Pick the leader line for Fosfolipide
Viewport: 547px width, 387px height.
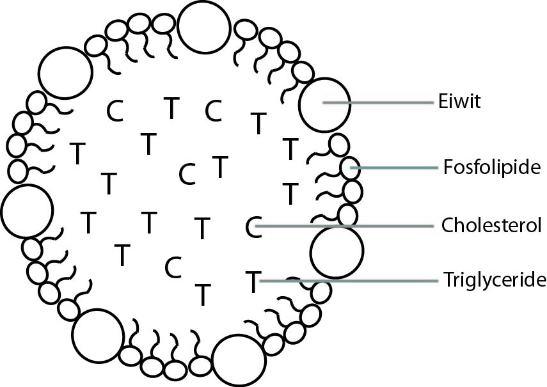tap(397, 168)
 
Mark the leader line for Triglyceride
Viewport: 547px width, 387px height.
tap(352, 280)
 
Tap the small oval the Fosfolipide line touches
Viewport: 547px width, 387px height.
tap(350, 169)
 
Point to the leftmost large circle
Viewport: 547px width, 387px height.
tap(26, 210)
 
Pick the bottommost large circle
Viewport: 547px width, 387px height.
tap(239, 361)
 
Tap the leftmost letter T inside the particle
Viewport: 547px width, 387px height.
tap(77, 154)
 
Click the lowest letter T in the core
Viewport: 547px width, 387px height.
tap(203, 294)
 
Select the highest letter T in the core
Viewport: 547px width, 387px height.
tap(171, 108)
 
